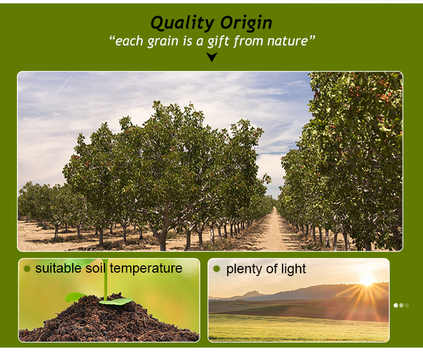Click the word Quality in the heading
pos(182,23)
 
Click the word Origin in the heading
pos(246,23)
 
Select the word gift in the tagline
pos(218,42)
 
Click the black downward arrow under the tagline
pos(211,57)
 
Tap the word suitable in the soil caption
pos(58,268)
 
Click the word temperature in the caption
pos(146,268)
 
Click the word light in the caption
pos(293,269)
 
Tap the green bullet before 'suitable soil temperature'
pos(27,269)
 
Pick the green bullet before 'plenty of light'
pos(217,269)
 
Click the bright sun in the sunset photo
pos(367,279)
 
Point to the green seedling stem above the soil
pos(105,280)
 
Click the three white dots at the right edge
pos(402,305)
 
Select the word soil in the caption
pos(95,268)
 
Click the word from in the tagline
pos(248,41)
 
